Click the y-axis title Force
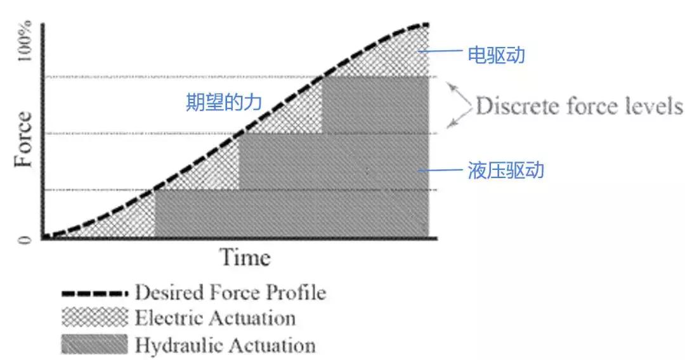click(23, 139)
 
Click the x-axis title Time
click(245, 257)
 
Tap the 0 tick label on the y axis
click(25, 240)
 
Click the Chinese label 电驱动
click(496, 55)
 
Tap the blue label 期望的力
click(223, 102)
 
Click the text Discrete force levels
click(578, 106)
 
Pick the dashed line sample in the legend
click(94, 293)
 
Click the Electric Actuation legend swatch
click(94, 316)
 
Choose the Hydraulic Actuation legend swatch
click(94, 344)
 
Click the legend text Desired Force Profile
click(230, 293)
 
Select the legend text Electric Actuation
click(215, 317)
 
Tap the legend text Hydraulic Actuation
click(225, 345)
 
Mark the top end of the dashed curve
click(426, 25)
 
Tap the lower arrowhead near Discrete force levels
click(450, 125)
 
